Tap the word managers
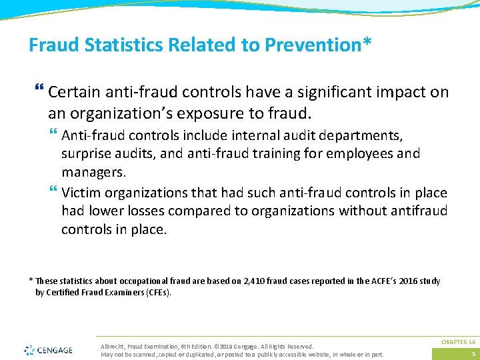[93, 171]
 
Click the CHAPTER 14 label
[458, 342]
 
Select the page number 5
[473, 353]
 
